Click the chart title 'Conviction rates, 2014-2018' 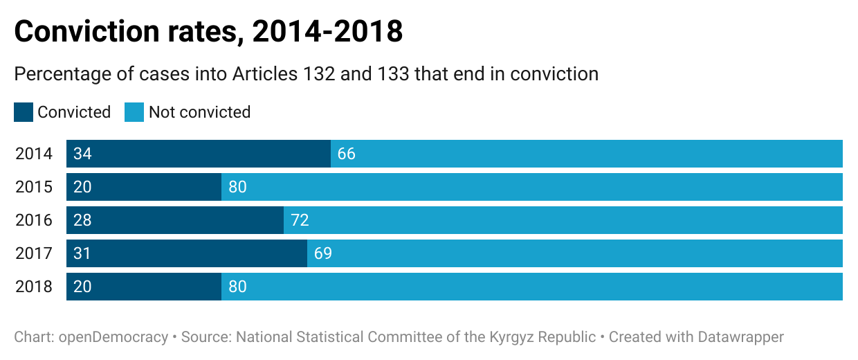208,32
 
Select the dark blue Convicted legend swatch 24,112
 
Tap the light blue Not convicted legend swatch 134,112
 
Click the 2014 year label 34,154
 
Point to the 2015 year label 34,187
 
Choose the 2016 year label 34,220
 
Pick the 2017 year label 34,253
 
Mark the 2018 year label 34,287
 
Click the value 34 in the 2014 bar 82,154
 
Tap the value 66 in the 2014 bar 347,154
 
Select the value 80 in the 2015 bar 237,187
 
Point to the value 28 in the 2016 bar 82,220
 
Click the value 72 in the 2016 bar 300,220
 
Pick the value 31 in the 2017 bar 82,253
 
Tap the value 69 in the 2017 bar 323,253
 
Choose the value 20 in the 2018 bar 82,287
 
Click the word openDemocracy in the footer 113,337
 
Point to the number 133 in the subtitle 393,73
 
